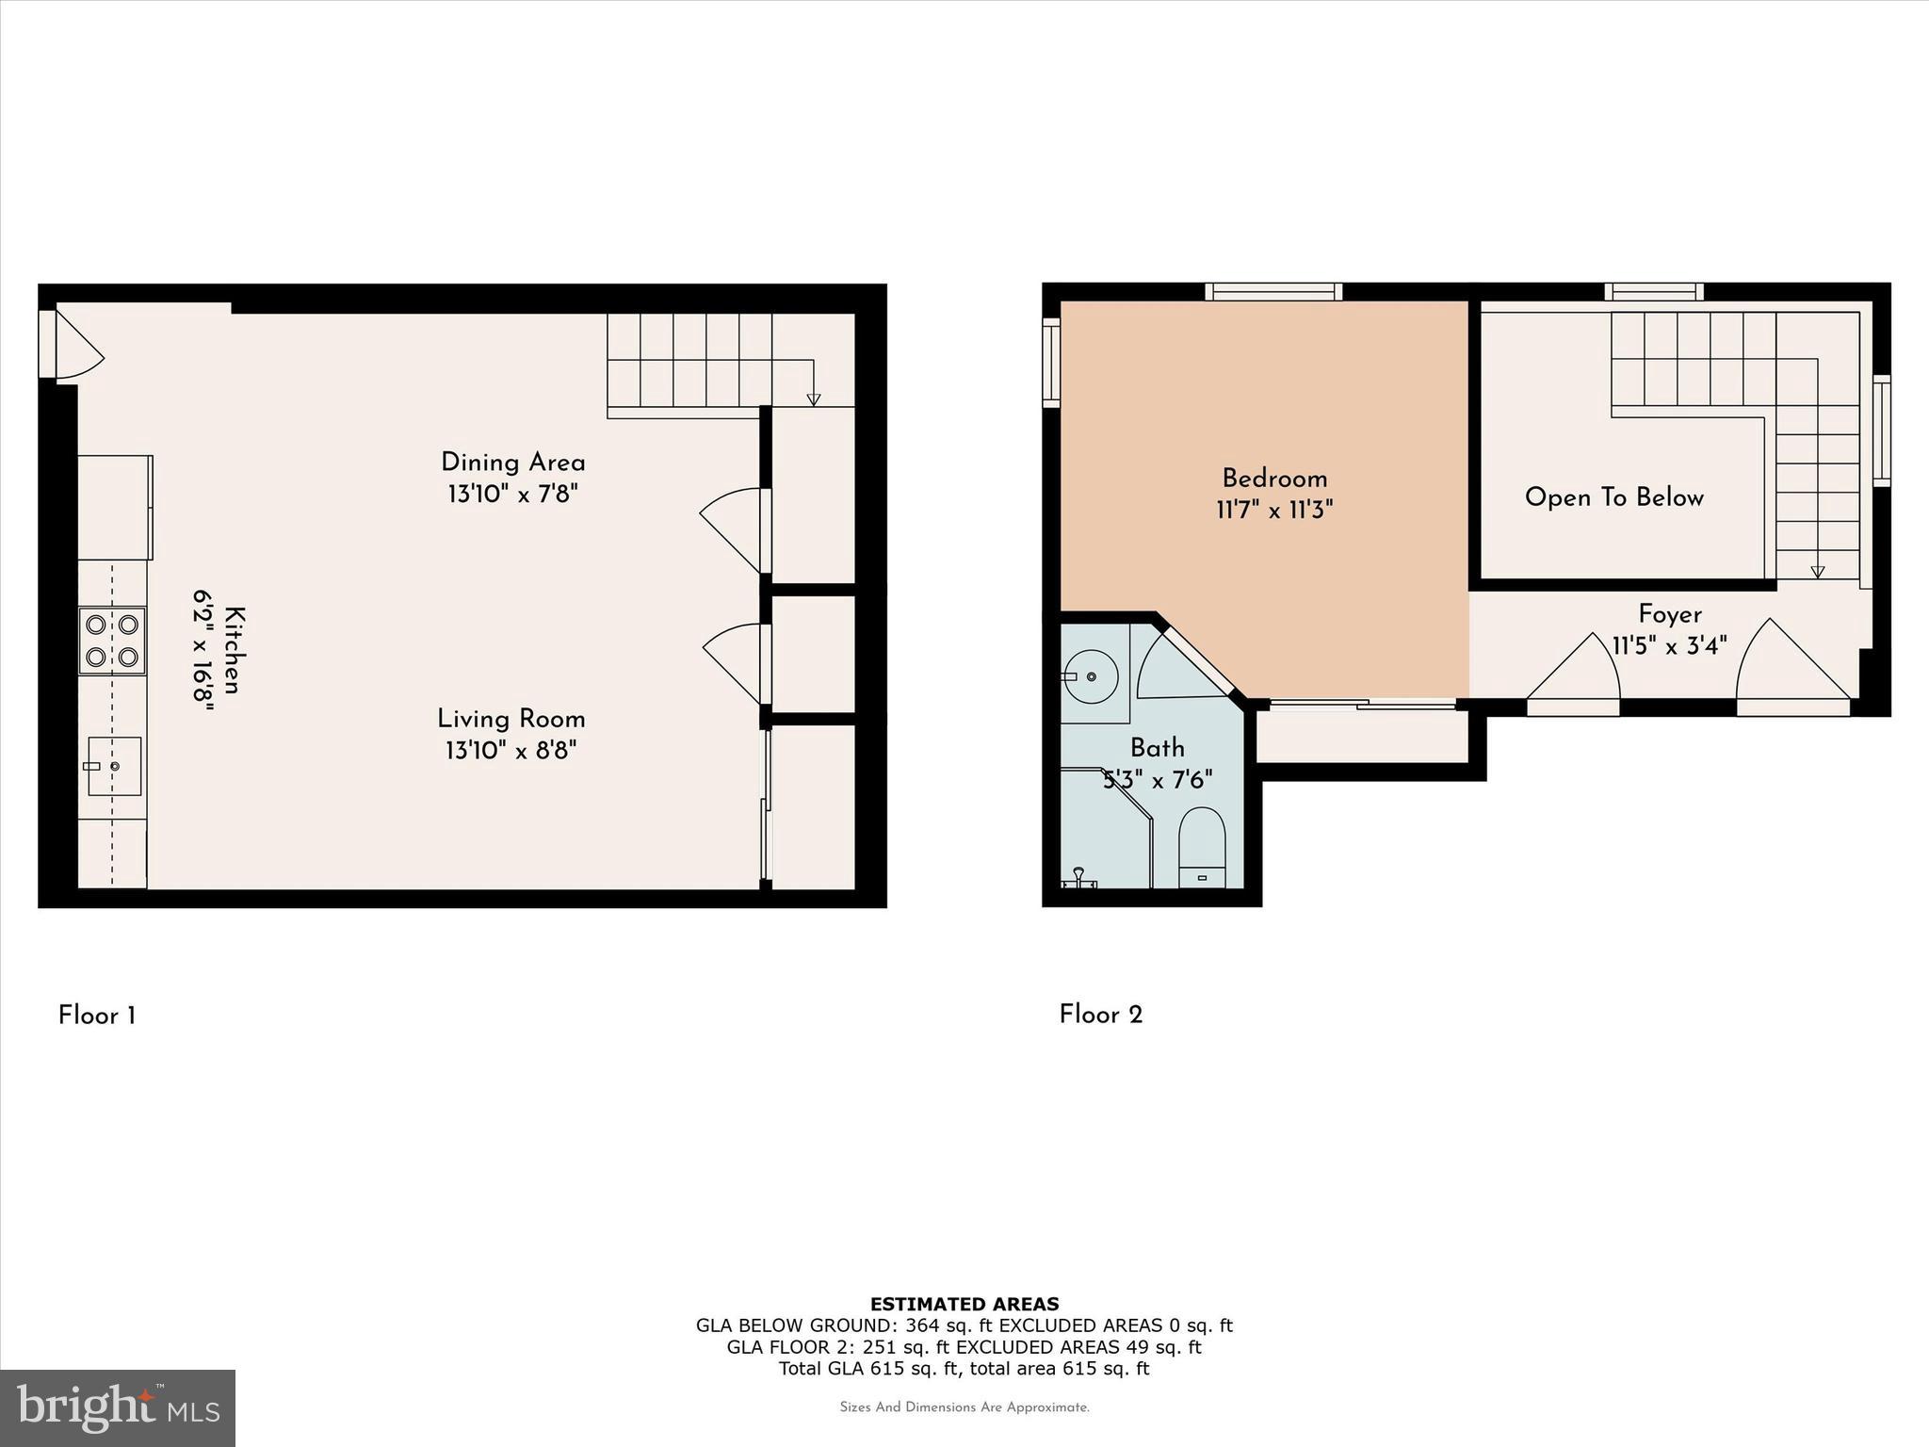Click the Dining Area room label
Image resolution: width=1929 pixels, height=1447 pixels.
pos(512,463)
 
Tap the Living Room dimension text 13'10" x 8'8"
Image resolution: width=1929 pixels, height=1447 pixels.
pos(511,751)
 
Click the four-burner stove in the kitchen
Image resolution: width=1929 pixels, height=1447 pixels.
pos(112,641)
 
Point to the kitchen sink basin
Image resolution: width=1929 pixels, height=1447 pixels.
pos(114,766)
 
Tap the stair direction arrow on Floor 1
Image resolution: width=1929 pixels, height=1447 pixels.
pos(814,398)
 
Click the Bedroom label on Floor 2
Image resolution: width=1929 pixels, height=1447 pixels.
pos(1274,479)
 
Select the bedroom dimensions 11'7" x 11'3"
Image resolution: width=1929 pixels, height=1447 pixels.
pos(1274,511)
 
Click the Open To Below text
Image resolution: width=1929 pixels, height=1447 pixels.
pos(1613,497)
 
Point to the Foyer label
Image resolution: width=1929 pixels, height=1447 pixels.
pos(1669,614)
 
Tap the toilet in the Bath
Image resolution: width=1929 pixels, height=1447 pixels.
pos(1202,846)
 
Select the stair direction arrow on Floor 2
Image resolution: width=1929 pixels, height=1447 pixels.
pos(1817,571)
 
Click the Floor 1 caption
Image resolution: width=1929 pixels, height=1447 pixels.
pos(97,1016)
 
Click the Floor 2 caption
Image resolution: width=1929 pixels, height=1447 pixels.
pos(1100,1015)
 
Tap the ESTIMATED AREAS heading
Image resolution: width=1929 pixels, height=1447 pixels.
pos(964,1304)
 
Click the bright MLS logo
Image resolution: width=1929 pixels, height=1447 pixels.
pos(117,1407)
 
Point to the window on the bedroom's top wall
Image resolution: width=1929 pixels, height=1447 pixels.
pos(1273,292)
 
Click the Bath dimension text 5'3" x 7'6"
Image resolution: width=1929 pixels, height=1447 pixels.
pos(1158,780)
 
